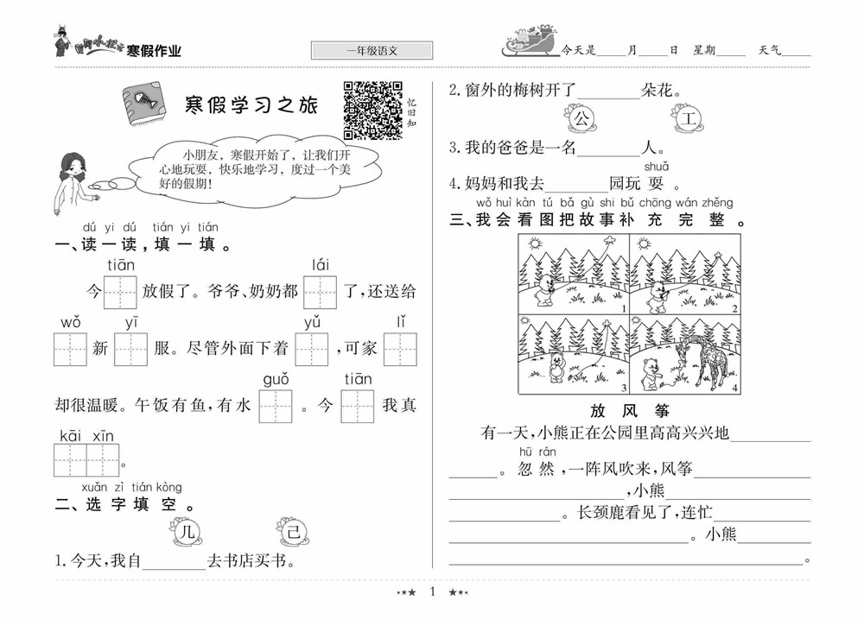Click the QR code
coord(373,110)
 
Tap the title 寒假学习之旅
coord(251,106)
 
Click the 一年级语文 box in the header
coord(372,51)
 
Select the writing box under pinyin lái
coord(320,292)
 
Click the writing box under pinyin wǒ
coord(70,349)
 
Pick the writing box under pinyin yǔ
coord(312,349)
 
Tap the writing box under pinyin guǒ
coord(276,406)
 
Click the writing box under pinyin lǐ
coord(400,349)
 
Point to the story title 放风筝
coord(630,412)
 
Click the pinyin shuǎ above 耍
coord(656,167)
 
